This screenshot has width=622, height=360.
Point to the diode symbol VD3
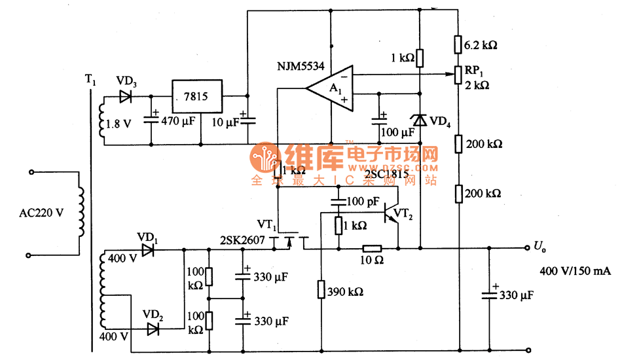point(126,97)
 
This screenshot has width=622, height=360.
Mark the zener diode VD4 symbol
point(420,120)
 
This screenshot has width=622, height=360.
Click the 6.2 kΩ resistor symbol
point(458,45)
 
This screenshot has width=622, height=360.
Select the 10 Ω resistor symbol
point(372,249)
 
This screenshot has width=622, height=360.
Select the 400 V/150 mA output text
point(575,271)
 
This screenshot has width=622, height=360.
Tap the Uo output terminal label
point(541,247)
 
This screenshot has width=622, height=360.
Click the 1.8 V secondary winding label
point(119,122)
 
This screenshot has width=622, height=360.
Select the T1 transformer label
point(90,80)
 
